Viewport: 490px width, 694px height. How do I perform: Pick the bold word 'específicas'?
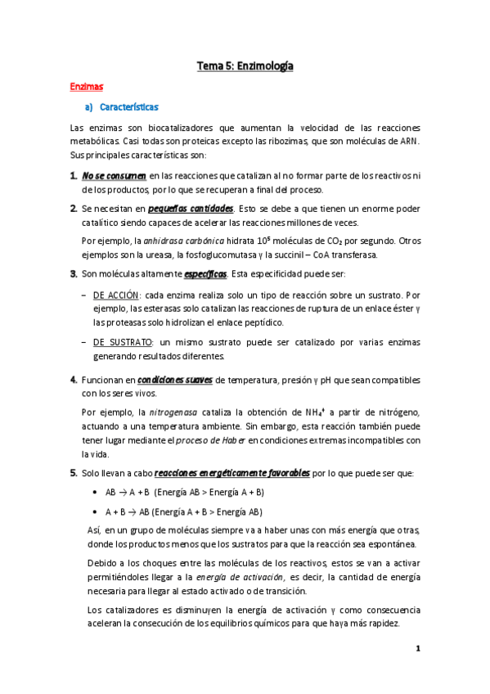205,273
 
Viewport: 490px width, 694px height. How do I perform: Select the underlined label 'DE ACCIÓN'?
116,294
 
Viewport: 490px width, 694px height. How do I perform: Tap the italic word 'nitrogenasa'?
172,412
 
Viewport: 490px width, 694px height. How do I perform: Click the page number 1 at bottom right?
417,649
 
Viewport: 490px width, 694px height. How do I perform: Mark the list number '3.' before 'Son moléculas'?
74,273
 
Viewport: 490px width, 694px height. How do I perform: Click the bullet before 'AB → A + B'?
97,493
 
